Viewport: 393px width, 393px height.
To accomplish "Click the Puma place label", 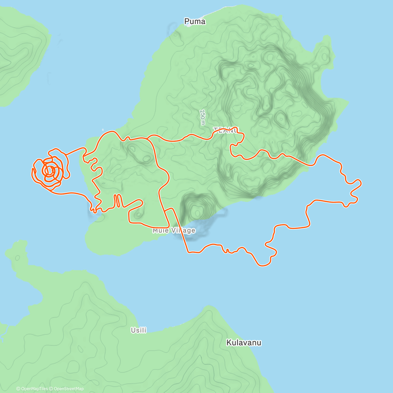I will point(195,22).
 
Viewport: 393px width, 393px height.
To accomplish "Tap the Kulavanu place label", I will point(244,343).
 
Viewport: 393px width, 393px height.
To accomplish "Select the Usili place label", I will point(139,330).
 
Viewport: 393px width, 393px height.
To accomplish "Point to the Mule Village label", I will point(174,231).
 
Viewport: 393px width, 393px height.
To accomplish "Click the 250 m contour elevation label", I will point(203,117).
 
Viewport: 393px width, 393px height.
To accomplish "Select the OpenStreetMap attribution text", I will point(68,389).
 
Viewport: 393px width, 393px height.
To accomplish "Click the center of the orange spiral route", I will point(49,170).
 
